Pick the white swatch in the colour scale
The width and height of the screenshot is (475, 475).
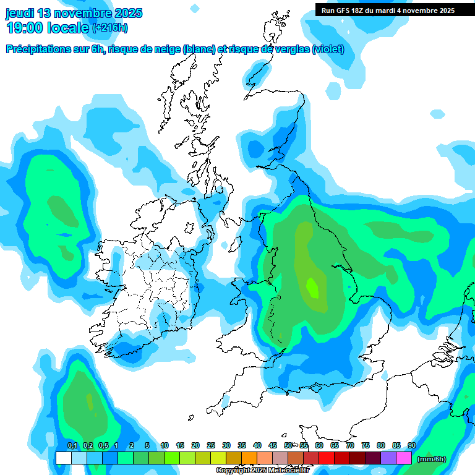(63, 458)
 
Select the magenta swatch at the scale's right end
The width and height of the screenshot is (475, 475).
(404, 458)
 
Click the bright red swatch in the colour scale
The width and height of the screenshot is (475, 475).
(327, 458)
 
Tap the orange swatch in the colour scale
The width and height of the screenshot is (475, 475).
(249, 458)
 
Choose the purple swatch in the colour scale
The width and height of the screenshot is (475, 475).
(388, 458)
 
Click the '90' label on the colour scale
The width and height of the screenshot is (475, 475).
(411, 445)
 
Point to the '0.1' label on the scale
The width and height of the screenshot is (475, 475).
(72, 445)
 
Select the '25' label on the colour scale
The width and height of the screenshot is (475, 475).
(210, 445)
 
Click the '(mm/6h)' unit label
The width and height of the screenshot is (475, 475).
(431, 459)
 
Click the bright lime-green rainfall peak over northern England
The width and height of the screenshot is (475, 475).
(313, 288)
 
